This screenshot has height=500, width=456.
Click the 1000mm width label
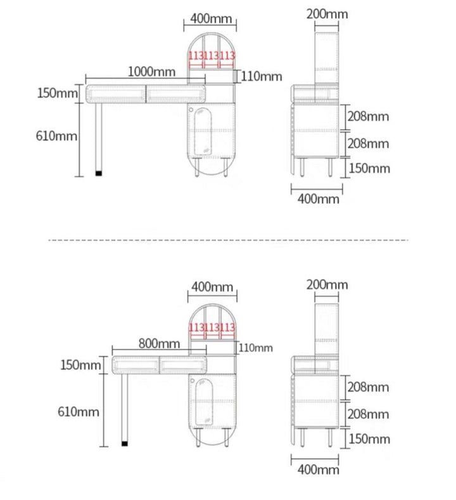pos(151,72)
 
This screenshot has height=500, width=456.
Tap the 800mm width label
pos(159,343)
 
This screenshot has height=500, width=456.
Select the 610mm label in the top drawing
pos(56,136)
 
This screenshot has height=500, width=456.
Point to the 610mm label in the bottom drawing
pos(79,412)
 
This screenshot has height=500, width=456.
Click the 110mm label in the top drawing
pos(262,77)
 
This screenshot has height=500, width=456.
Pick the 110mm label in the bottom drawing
pos(255,348)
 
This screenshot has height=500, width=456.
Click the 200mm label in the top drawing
pos(327,14)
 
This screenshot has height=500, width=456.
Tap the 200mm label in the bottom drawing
pos(327,285)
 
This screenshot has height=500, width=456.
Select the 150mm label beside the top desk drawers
pos(58,93)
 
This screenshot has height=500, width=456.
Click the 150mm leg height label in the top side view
pos(369,168)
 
